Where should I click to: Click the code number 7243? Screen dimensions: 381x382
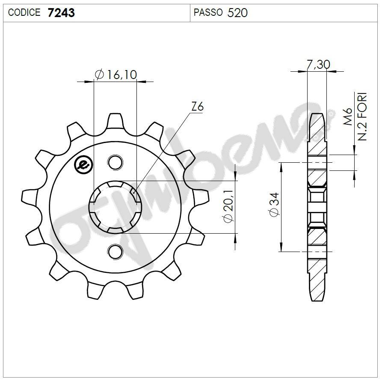pyautogui.click(x=61, y=13)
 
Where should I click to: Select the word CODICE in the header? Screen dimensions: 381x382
pyautogui.click(x=24, y=13)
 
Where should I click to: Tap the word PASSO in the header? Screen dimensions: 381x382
pyautogui.click(x=208, y=13)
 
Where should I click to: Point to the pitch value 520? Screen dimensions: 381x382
pyautogui.click(x=237, y=13)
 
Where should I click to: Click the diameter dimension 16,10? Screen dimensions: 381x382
pyautogui.click(x=121, y=75)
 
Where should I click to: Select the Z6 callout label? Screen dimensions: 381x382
pyautogui.click(x=197, y=107)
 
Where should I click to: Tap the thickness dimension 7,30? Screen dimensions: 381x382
pyautogui.click(x=318, y=64)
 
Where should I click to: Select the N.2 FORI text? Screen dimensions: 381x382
pyautogui.click(x=362, y=116)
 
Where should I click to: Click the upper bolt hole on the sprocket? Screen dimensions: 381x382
pyautogui.click(x=114, y=162)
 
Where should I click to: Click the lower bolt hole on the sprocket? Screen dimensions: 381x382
pyautogui.click(x=114, y=252)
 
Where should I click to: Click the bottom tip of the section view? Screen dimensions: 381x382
pyautogui.click(x=317, y=299)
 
